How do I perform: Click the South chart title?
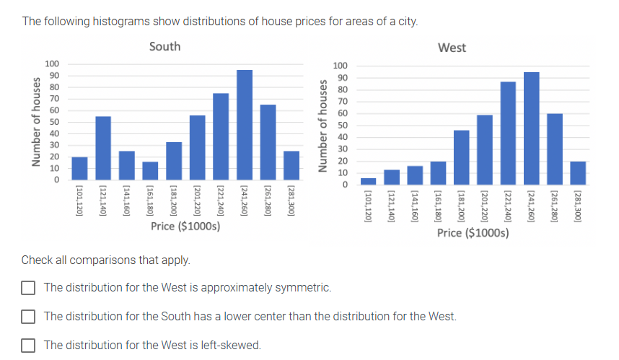[164, 47]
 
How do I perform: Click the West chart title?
[452, 48]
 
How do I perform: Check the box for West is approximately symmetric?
[28, 288]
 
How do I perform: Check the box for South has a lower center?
[28, 317]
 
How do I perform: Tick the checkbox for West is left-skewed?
[28, 346]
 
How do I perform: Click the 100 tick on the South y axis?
[52, 64]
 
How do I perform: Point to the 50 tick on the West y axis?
[343, 126]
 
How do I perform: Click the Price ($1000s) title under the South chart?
[185, 227]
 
